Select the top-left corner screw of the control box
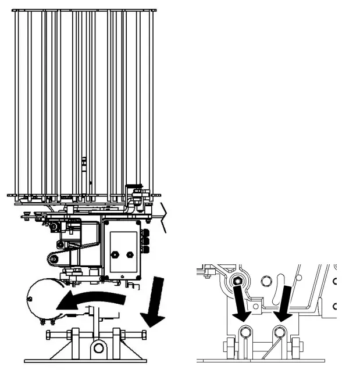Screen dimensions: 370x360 coord(106,222)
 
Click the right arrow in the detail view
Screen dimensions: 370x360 coord(284,302)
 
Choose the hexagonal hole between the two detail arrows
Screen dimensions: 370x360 coord(268,282)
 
